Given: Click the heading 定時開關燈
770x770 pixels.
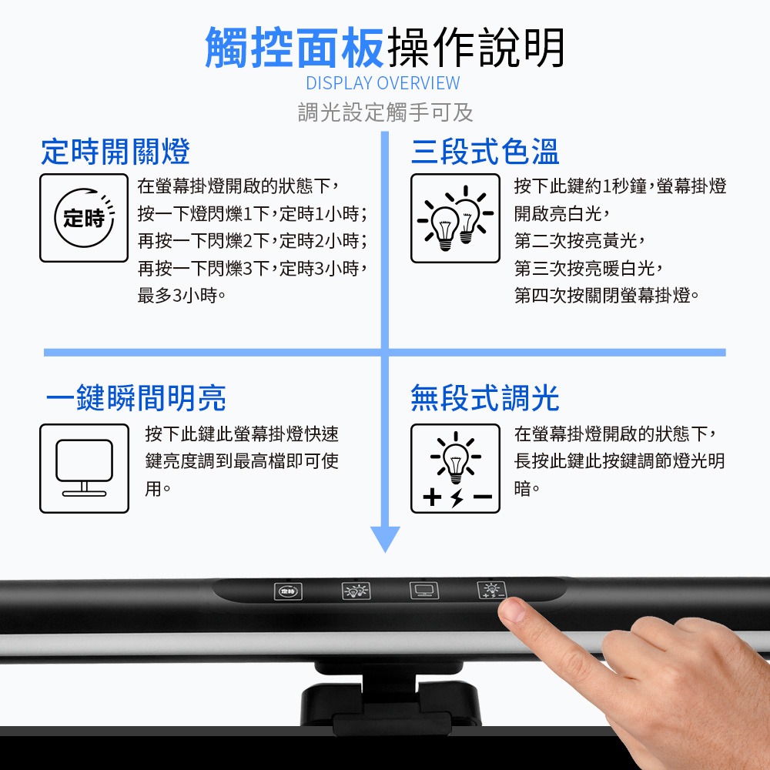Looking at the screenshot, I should click(115, 152).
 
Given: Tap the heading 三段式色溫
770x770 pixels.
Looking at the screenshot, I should click(485, 152).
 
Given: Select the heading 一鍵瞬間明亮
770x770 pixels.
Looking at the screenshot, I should click(136, 398).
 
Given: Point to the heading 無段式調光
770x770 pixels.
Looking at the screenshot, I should click(485, 398).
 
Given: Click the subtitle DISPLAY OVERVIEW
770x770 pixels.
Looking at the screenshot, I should click(383, 83).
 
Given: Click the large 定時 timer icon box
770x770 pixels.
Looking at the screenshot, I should click(84, 218).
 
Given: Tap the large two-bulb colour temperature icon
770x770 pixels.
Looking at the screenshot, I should click(455, 218).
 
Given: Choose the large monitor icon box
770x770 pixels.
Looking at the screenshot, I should click(84, 468).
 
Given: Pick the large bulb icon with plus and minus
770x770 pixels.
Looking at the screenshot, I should click(455, 468).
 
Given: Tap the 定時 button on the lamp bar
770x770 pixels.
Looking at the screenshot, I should click(288, 591).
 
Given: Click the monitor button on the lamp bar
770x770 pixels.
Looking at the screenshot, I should click(421, 591).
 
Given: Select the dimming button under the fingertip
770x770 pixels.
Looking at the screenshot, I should click(490, 591).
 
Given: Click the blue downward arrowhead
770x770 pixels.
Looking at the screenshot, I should click(385, 538).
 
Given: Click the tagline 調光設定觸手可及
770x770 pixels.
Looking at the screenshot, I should click(385, 112).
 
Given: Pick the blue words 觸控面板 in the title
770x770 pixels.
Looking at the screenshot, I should click(294, 48).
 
